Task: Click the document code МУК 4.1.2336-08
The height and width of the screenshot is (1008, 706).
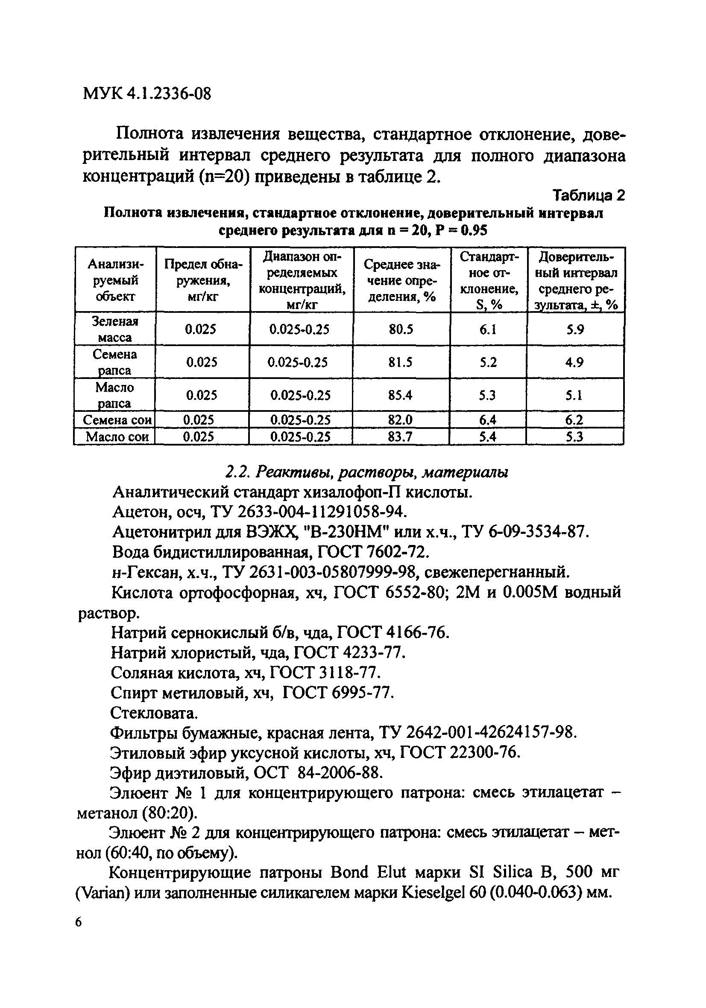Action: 147,94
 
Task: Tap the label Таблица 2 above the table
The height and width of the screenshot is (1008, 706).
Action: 589,195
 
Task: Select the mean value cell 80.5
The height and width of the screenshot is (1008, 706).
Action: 401,329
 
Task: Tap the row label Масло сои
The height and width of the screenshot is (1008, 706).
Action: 117,437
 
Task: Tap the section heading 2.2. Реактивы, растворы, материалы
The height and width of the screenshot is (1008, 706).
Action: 367,472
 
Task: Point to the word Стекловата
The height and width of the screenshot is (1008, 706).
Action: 154,713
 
